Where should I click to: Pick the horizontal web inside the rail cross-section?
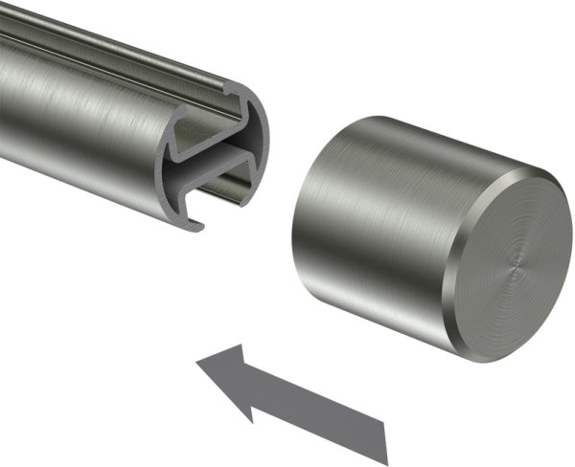click(216, 158)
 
